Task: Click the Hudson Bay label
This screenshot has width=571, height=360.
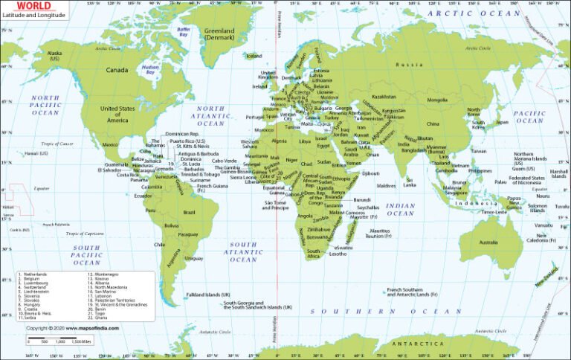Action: click(x=150, y=71)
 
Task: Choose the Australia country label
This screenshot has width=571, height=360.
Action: click(x=488, y=242)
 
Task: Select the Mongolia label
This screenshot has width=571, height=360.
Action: click(x=436, y=100)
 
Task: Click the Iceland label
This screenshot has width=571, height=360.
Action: click(x=254, y=56)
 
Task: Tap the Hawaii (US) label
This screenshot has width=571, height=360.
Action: click(x=36, y=153)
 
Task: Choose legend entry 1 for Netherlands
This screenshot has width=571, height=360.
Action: click(x=33, y=274)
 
